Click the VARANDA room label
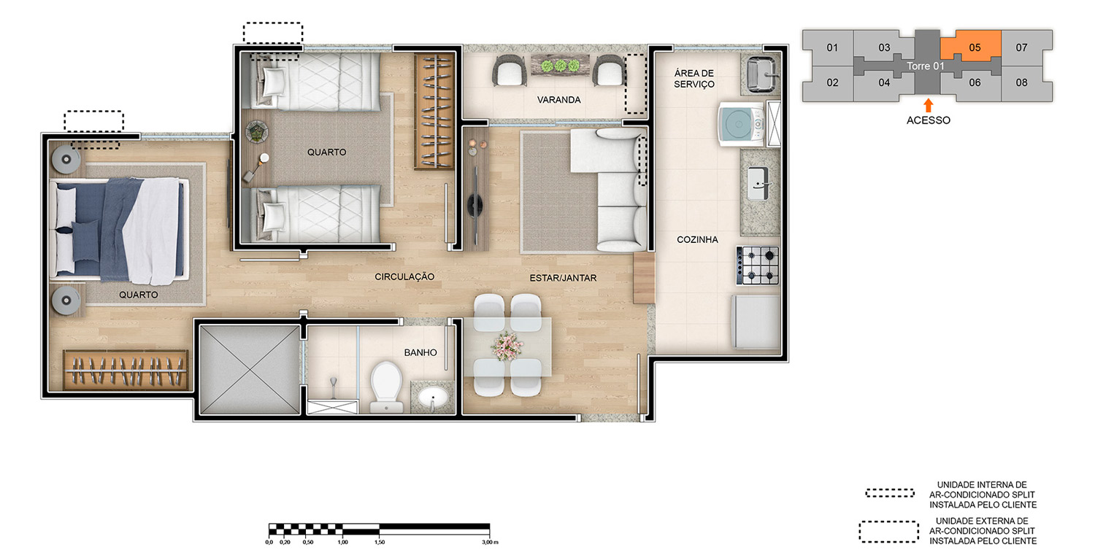click(558, 100)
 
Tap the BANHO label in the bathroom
click(420, 352)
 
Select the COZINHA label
click(697, 239)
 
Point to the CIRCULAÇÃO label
click(404, 276)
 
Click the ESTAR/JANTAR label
click(563, 277)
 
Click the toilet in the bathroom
click(386, 387)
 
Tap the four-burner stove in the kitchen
click(758, 266)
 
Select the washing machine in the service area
click(741, 124)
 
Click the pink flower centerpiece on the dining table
click(507, 346)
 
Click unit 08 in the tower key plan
click(1022, 82)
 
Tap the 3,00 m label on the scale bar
click(490, 542)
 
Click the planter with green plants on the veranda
click(560, 66)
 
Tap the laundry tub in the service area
click(761, 74)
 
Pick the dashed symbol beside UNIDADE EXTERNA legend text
click(888, 532)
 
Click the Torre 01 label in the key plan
click(926, 66)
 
